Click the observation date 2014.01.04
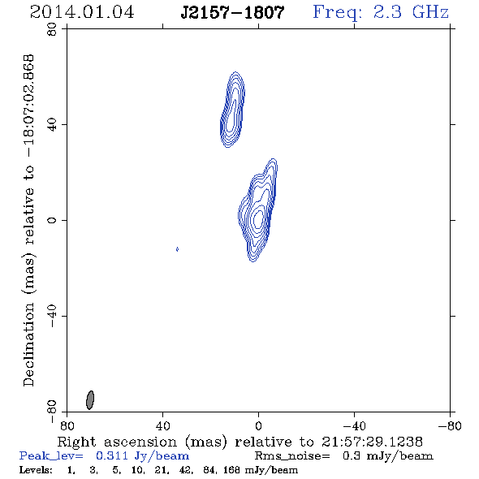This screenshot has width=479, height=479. tap(82, 12)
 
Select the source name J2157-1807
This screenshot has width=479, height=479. tap(233, 12)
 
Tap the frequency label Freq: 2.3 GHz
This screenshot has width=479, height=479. tap(381, 13)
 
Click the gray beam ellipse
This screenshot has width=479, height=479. tap(90, 400)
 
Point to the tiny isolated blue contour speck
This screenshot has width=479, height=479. tap(177, 249)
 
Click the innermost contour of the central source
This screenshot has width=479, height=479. tap(258, 218)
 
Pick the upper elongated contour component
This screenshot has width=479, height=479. tap(232, 110)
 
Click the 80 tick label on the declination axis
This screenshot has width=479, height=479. tap(52, 29)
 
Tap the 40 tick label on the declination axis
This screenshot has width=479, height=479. tap(52, 125)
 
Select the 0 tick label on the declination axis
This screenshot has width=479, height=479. tap(52, 220)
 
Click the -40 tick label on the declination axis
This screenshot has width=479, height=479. tap(52, 316)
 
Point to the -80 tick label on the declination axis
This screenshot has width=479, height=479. tap(52, 412)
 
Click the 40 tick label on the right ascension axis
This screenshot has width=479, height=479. tap(163, 426)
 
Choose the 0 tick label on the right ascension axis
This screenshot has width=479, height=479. tap(258, 426)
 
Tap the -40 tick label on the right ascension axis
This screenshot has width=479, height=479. tap(354, 426)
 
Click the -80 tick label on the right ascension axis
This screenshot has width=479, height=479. tap(450, 426)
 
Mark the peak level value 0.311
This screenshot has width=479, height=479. tap(112, 455)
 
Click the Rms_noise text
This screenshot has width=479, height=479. tap(292, 456)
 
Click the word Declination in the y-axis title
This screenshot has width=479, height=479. tap(28, 344)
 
